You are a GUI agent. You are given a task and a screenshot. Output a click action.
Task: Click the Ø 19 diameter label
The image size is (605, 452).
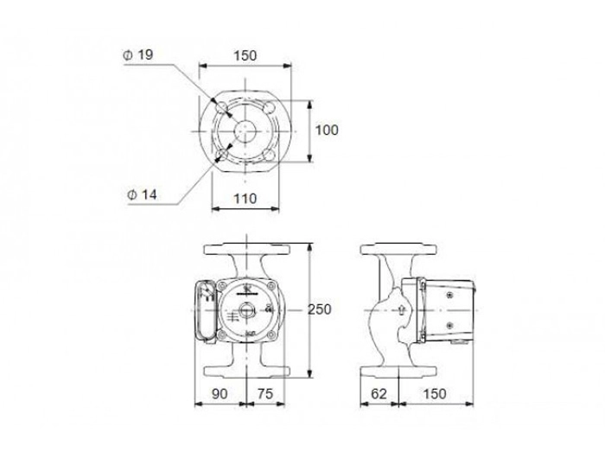tap(138, 54)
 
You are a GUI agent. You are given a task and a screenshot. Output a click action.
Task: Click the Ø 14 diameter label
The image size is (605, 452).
tap(142, 194)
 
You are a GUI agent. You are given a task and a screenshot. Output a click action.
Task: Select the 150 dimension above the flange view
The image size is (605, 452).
tap(245, 55)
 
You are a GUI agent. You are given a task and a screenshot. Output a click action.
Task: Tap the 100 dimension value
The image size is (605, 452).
tap(327, 130)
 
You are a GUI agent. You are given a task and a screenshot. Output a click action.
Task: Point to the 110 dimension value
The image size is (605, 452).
tap(245, 199)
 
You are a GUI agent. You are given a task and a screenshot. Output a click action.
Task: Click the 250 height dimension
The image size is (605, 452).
tap(320, 309)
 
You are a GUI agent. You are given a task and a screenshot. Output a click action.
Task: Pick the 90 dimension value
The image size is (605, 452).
tap(220, 394)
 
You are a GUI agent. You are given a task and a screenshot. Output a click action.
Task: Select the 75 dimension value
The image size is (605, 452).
tap(265, 394)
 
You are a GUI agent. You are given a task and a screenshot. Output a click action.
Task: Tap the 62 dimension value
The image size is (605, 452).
tap(379, 394)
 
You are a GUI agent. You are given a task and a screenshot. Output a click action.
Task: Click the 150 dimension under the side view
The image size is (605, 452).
tap(435, 394)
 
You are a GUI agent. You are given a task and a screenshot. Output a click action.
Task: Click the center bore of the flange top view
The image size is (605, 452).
tap(245, 131)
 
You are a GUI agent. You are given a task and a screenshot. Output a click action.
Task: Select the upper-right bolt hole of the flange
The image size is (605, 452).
tap(269, 106)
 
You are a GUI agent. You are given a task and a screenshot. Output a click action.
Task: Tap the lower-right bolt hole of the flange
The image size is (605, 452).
tap(269, 155)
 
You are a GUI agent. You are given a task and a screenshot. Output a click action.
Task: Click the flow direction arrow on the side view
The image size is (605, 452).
tap(401, 309)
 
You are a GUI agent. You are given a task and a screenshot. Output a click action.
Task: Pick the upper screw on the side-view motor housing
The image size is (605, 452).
tap(449, 295)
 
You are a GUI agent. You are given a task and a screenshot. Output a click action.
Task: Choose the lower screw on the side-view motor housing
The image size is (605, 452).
tap(449, 325)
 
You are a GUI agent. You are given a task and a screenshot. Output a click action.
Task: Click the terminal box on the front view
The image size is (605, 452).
tap(206, 310)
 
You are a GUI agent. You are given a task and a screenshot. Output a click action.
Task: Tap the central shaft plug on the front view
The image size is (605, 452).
tap(245, 309)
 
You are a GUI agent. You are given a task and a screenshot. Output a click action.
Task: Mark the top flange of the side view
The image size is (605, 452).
tap(398, 249)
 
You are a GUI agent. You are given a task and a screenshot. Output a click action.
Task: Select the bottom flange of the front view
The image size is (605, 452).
tap(246, 371)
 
